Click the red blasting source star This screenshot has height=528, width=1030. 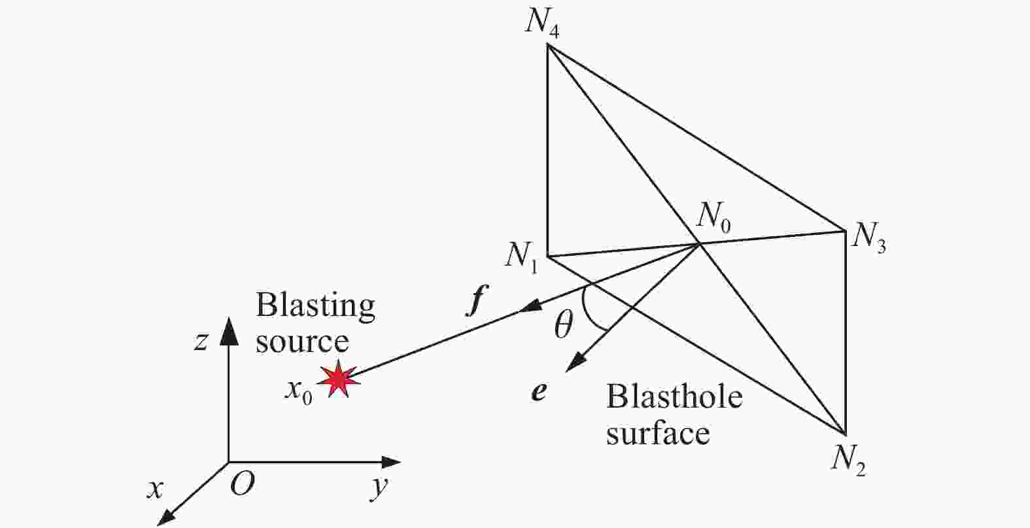coord(339,379)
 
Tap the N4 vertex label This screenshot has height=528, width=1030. coord(543,23)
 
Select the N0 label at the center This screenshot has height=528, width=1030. coord(713,218)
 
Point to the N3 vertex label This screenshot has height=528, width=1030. coord(868,238)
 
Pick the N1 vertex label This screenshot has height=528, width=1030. coord(523,258)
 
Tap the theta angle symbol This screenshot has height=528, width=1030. coord(563,325)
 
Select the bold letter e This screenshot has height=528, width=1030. coord(539,392)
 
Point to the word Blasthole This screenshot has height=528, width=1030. coord(674,396)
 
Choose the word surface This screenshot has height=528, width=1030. coord(658,432)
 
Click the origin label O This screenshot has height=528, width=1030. coord(243,484)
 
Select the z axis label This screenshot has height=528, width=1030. coord(201,341)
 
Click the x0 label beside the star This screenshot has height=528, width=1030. coord(298,391)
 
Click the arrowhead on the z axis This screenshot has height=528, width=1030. coord(229,330)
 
